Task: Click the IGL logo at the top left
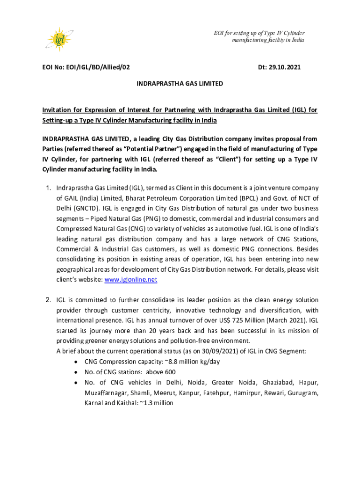(x=59, y=37)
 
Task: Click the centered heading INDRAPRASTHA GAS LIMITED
(x=180, y=84)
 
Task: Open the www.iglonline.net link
(x=130, y=280)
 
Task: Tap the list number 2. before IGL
(x=48, y=300)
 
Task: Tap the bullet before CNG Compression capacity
(x=76, y=362)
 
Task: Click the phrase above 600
(x=160, y=372)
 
